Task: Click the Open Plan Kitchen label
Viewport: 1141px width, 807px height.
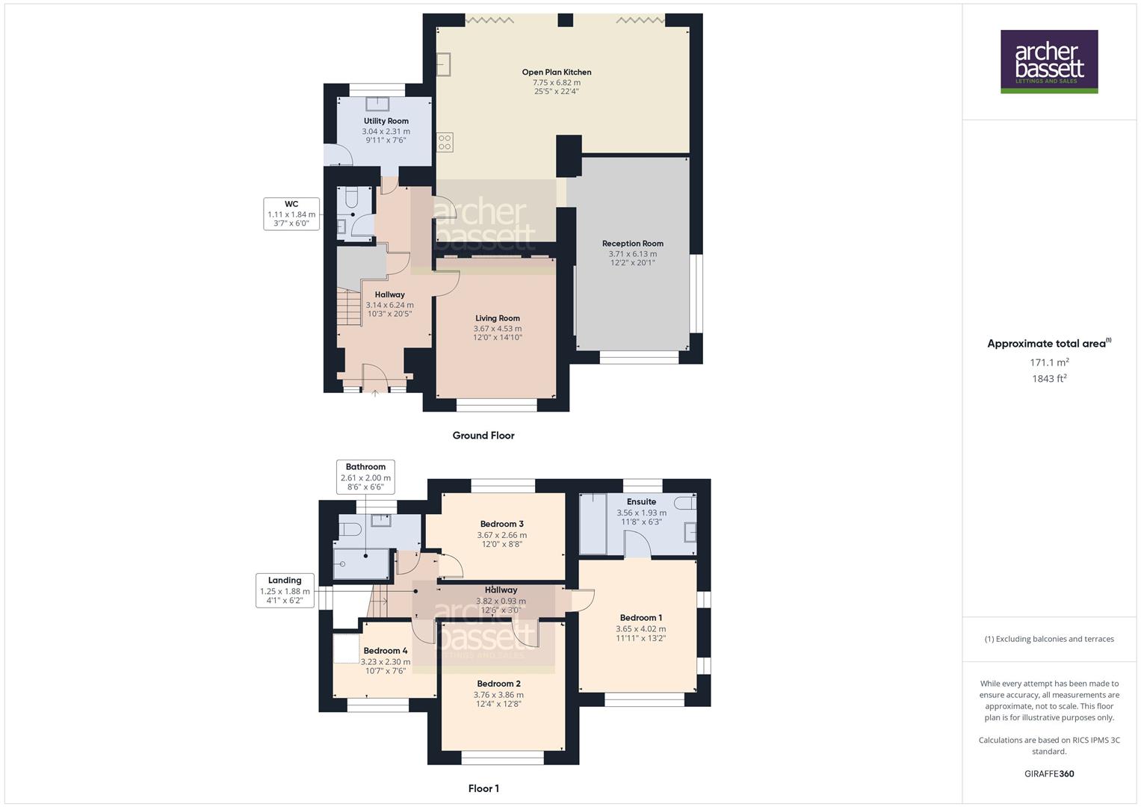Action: (556, 72)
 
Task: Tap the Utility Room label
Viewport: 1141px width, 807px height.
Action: (386, 121)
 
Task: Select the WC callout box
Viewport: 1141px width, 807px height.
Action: (291, 214)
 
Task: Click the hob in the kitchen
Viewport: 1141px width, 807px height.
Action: (445, 142)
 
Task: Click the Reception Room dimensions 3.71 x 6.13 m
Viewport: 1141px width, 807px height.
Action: (632, 254)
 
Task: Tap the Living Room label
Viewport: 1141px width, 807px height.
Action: (497, 318)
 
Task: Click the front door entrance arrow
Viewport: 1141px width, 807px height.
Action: (374, 393)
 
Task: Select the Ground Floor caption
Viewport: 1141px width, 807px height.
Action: (483, 436)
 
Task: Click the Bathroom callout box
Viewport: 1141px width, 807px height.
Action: (365, 477)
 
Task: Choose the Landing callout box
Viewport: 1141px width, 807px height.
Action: (285, 590)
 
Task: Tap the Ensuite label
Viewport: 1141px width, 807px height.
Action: (641, 502)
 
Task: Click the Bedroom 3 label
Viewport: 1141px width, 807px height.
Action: (501, 524)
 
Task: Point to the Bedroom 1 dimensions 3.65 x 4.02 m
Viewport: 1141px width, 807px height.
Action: (640, 629)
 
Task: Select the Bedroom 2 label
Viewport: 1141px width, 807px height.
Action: (498, 684)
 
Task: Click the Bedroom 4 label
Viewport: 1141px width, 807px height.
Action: (385, 651)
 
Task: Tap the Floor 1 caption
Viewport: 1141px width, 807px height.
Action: (483, 788)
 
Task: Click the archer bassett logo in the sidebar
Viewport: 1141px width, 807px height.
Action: (1048, 61)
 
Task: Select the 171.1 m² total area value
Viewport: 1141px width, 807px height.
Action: (1048, 363)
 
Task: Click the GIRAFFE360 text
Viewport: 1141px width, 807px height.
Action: (1048, 774)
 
